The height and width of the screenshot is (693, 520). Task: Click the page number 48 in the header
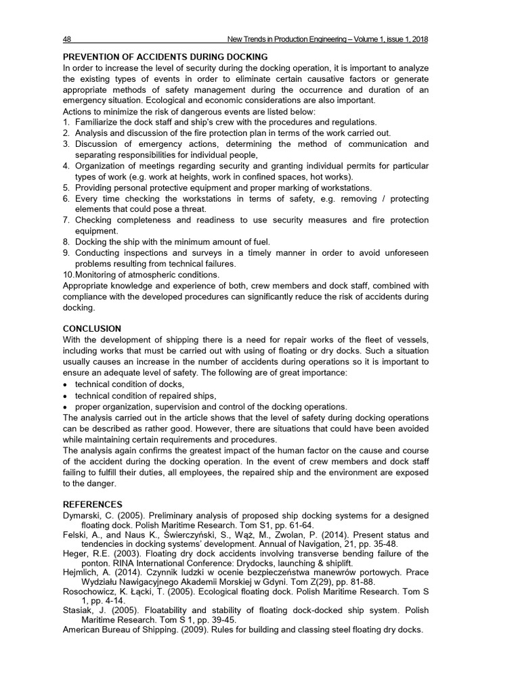(x=67, y=39)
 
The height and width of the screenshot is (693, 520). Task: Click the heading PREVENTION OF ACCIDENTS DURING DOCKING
(x=165, y=57)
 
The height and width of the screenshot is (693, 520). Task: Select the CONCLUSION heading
(x=92, y=328)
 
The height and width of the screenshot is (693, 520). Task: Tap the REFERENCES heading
(x=93, y=504)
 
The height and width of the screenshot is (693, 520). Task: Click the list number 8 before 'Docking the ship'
(x=66, y=242)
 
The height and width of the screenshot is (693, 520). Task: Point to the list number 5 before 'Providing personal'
(x=66, y=187)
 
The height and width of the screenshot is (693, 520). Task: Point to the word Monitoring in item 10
(x=98, y=274)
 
